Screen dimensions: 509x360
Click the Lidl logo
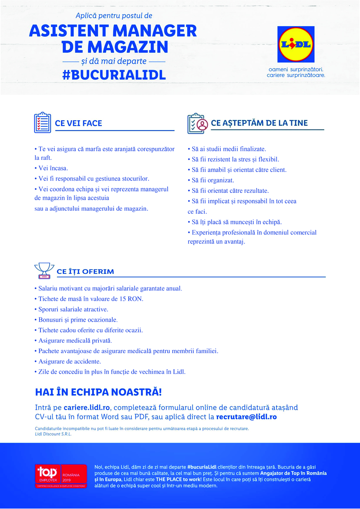pyautogui.click(x=296, y=44)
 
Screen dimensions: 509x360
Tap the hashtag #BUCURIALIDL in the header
pyautogui.click(x=114, y=74)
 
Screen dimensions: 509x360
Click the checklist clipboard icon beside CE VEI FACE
pyautogui.click(x=42, y=123)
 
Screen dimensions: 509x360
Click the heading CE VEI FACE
pyautogui.click(x=78, y=123)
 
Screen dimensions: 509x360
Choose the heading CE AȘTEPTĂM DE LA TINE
pyautogui.click(x=259, y=123)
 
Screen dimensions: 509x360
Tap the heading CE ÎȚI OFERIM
pyautogui.click(x=85, y=272)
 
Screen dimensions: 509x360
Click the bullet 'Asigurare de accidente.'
pyautogui.click(x=69, y=361)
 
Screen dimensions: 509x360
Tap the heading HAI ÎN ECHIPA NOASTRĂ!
pyautogui.click(x=98, y=392)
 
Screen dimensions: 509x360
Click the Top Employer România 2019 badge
pyautogui.click(x=61, y=475)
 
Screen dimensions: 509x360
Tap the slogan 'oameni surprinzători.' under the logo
pyautogui.click(x=296, y=69)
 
